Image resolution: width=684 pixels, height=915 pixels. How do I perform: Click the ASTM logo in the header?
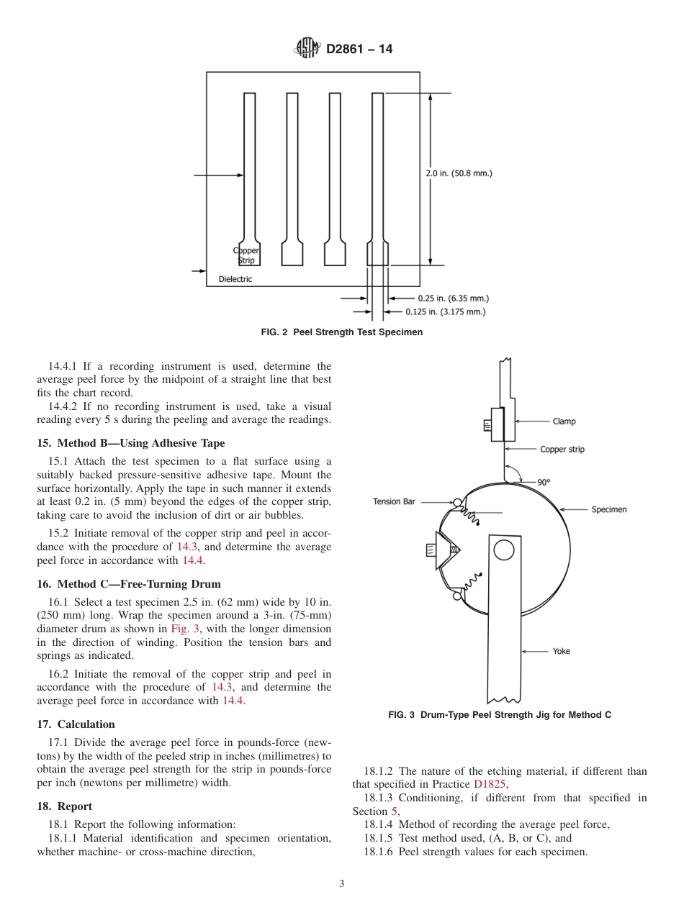pos(307,49)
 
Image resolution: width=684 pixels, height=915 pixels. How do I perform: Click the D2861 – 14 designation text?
pos(359,50)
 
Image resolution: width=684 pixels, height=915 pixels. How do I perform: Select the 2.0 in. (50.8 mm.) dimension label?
pos(459,173)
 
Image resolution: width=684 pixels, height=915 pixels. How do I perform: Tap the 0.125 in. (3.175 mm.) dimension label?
pos(445,311)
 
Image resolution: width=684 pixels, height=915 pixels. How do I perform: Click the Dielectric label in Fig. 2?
pos(235,279)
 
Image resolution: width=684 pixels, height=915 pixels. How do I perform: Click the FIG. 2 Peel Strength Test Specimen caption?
pos(341,332)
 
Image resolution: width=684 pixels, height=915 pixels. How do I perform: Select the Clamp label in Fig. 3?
pos(564,422)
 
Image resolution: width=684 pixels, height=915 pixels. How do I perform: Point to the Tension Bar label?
pos(394,501)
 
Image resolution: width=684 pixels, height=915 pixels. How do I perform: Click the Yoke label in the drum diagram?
pos(561,651)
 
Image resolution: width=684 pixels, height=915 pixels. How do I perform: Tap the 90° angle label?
pos(544,482)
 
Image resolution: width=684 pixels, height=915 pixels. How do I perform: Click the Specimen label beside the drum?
pos(608,509)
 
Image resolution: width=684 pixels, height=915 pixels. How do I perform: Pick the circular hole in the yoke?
pos(503,550)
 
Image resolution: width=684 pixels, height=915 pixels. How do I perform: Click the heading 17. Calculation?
pos(76,724)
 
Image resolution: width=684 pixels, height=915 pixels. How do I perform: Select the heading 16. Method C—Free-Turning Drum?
pos(129,584)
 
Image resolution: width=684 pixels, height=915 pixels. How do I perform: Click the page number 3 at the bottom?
pos(342,884)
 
